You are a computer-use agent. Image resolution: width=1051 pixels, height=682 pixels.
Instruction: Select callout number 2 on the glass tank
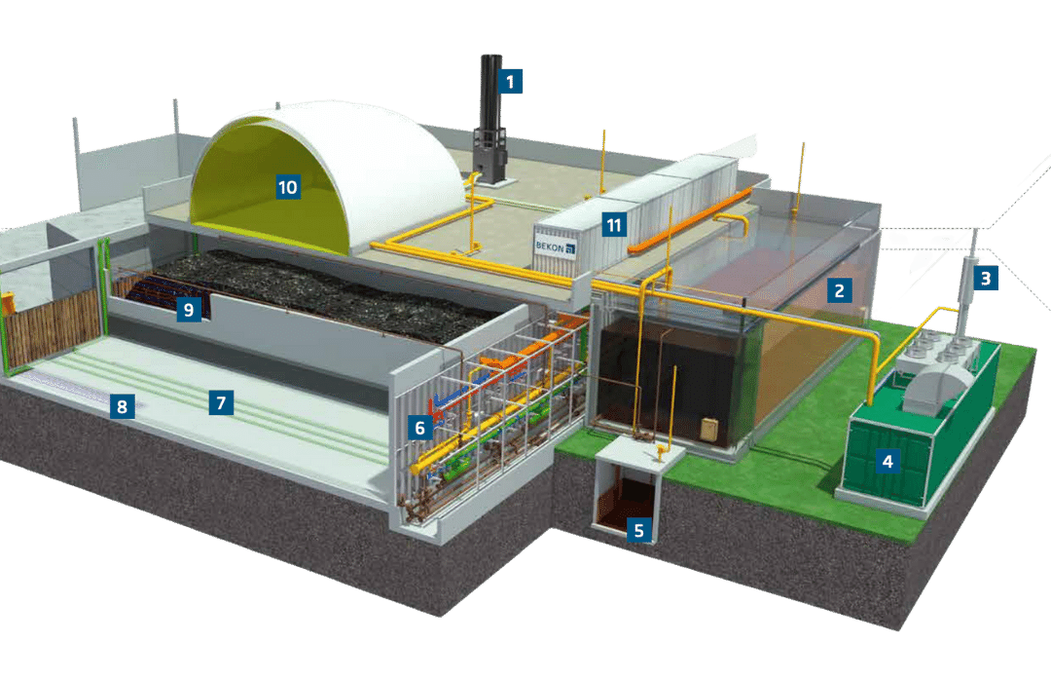click(839, 289)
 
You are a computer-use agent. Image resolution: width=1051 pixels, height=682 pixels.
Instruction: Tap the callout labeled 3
click(986, 278)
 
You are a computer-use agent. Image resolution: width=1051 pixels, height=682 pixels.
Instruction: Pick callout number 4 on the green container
click(887, 460)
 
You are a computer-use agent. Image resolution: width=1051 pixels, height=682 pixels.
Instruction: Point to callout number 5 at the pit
click(638, 530)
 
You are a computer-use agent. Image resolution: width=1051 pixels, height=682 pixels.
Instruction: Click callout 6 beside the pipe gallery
click(419, 426)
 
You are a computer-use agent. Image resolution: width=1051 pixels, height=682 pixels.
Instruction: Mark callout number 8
click(122, 406)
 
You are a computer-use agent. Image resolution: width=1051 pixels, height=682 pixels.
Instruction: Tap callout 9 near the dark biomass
click(189, 310)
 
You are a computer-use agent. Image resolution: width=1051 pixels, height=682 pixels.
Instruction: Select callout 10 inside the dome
click(287, 185)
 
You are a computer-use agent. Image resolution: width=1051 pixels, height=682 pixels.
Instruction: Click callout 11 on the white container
click(613, 225)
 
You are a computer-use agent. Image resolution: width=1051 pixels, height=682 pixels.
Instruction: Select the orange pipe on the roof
click(691, 220)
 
